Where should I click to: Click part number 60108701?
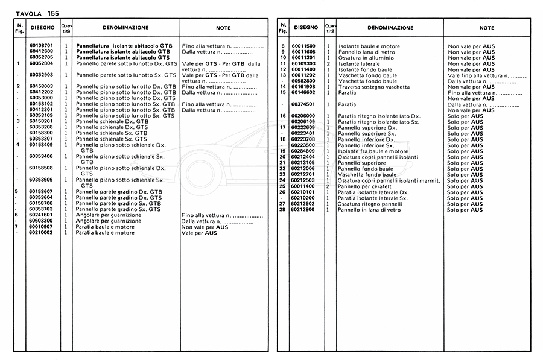(x=41, y=46)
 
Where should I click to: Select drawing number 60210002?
(x=41, y=233)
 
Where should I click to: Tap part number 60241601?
(x=41, y=215)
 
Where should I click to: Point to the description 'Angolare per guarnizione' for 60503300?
(x=109, y=221)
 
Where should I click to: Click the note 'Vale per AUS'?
(x=199, y=233)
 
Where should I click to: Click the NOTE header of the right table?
(x=486, y=28)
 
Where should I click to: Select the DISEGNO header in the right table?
(x=305, y=28)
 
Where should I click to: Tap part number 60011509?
(x=303, y=46)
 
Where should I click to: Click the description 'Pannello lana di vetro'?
(x=367, y=52)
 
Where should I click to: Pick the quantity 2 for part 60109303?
(x=328, y=63)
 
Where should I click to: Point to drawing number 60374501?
(x=303, y=104)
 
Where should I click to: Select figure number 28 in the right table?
(x=282, y=210)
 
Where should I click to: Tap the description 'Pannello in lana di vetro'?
(x=369, y=210)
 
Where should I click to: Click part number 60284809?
(x=303, y=151)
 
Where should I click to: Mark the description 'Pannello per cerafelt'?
(x=366, y=186)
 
